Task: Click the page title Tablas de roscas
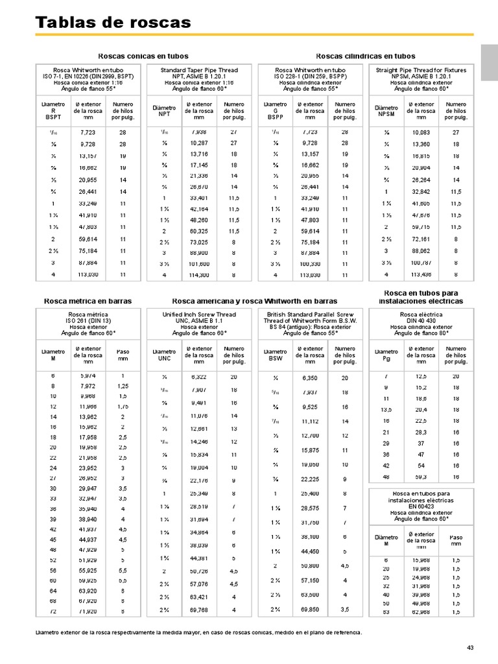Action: tap(113, 23)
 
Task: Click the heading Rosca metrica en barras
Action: tap(88, 301)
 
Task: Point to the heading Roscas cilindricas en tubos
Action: tap(366, 56)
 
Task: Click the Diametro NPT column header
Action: tap(164, 111)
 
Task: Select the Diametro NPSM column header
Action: tap(386, 111)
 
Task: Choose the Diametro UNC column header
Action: tap(164, 355)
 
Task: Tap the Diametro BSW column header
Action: tap(276, 355)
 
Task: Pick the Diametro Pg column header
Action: tap(386, 355)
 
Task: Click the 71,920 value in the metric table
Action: tap(88, 611)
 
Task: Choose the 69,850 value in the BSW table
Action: tap(311, 611)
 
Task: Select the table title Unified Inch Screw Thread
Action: tap(199, 314)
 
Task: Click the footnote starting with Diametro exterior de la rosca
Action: tap(198, 632)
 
